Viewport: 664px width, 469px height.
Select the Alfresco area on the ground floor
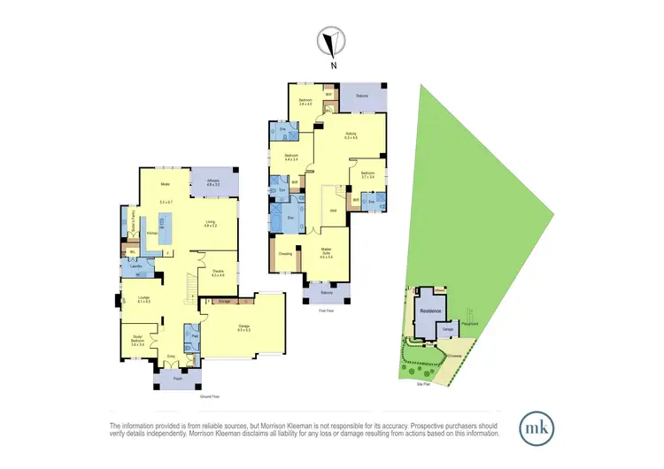coord(213,182)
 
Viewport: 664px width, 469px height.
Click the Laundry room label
coord(137,265)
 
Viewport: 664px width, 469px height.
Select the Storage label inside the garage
coord(224,303)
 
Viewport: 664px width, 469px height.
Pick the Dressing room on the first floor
coord(286,253)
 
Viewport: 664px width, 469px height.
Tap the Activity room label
coord(351,135)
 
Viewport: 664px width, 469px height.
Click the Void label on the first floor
coord(333,210)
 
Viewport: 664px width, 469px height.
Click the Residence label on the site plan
coord(430,311)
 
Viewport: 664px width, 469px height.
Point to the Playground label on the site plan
coord(471,323)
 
